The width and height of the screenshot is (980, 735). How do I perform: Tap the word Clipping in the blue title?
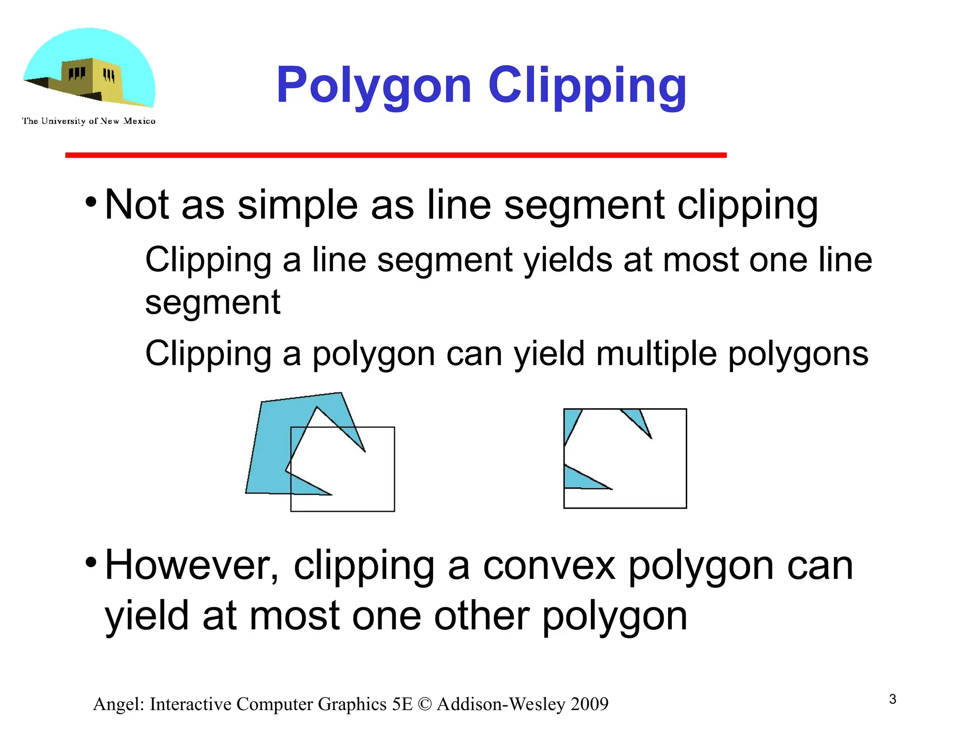click(587, 86)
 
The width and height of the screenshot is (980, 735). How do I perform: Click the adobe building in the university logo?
click(91, 79)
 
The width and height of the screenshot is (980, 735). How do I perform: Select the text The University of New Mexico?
click(89, 121)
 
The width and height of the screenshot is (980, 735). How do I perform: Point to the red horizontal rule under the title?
click(396, 155)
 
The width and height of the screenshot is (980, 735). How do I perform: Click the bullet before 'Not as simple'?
click(91, 201)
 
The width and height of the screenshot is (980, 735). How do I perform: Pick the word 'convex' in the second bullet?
click(549, 566)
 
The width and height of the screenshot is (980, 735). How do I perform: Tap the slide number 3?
click(892, 699)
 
